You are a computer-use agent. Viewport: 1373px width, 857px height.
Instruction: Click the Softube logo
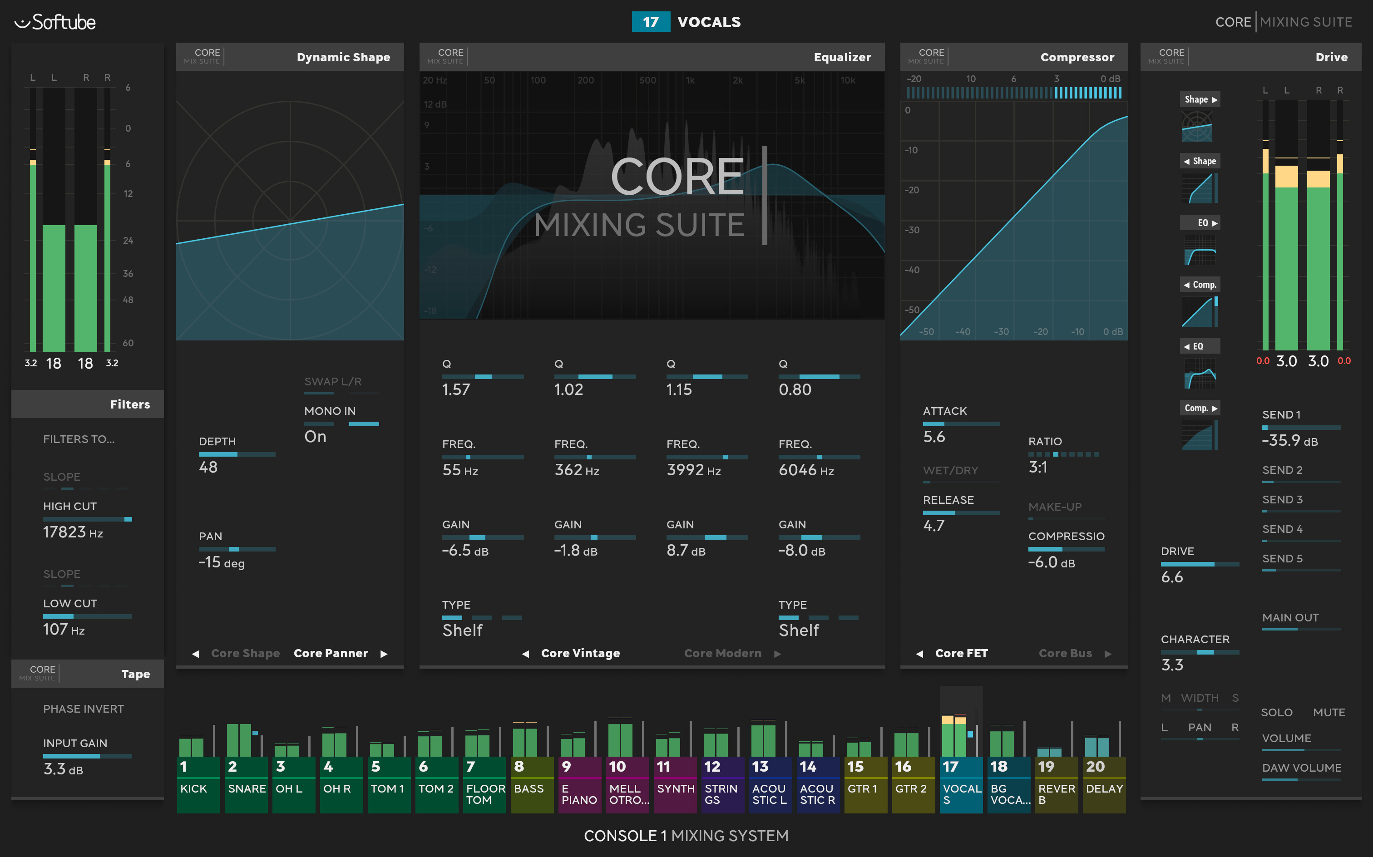(x=55, y=22)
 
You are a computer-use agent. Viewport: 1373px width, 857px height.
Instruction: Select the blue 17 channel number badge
(x=650, y=22)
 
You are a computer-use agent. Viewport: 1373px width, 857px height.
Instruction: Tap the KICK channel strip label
(x=193, y=788)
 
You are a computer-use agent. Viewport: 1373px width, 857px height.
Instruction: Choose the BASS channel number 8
(x=519, y=766)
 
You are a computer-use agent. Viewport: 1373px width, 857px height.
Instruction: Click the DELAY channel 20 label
(x=1104, y=788)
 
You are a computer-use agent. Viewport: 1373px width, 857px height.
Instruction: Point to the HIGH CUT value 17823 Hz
(x=73, y=532)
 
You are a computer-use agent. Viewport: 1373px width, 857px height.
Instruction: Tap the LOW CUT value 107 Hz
(x=64, y=629)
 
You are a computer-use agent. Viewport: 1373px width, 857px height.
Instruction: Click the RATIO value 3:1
(x=1038, y=467)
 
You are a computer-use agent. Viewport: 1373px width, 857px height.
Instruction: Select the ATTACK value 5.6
(x=933, y=436)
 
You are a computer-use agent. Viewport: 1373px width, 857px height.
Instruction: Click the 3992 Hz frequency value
(x=693, y=470)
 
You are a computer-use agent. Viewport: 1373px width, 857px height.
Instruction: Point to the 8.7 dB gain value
(x=686, y=550)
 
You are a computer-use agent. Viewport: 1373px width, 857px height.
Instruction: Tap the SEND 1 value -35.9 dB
(x=1289, y=440)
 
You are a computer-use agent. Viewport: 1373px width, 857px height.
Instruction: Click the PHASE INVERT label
(x=84, y=709)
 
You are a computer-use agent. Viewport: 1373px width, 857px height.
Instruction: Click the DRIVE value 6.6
(x=1172, y=577)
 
